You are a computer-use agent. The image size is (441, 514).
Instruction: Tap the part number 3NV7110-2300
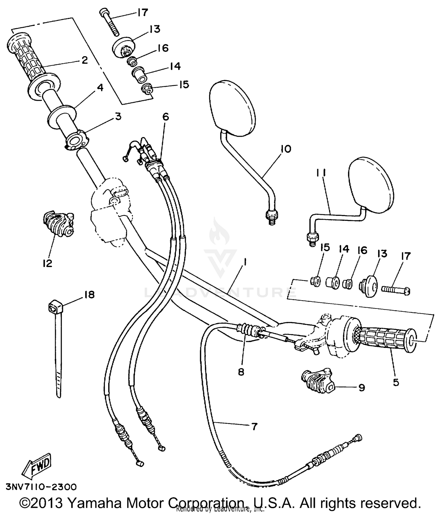[x=41, y=487]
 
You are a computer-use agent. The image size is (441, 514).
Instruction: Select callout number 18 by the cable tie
[x=89, y=294]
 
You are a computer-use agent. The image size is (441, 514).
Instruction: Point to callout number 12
[x=47, y=263]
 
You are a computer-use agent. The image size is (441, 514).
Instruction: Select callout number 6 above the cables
[x=166, y=117]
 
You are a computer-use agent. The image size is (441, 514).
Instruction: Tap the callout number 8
[x=241, y=372]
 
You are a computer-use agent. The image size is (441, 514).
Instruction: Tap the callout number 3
[x=118, y=116]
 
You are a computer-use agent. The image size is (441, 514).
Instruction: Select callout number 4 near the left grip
[x=100, y=87]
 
